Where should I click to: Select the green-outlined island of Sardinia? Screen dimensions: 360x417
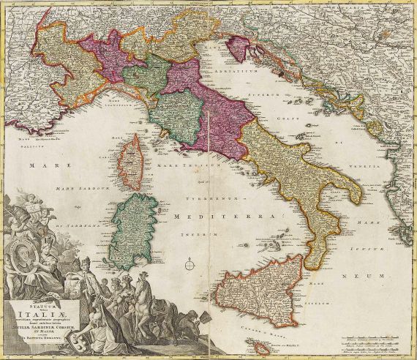132,224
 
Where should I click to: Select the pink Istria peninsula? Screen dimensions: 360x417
238,49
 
